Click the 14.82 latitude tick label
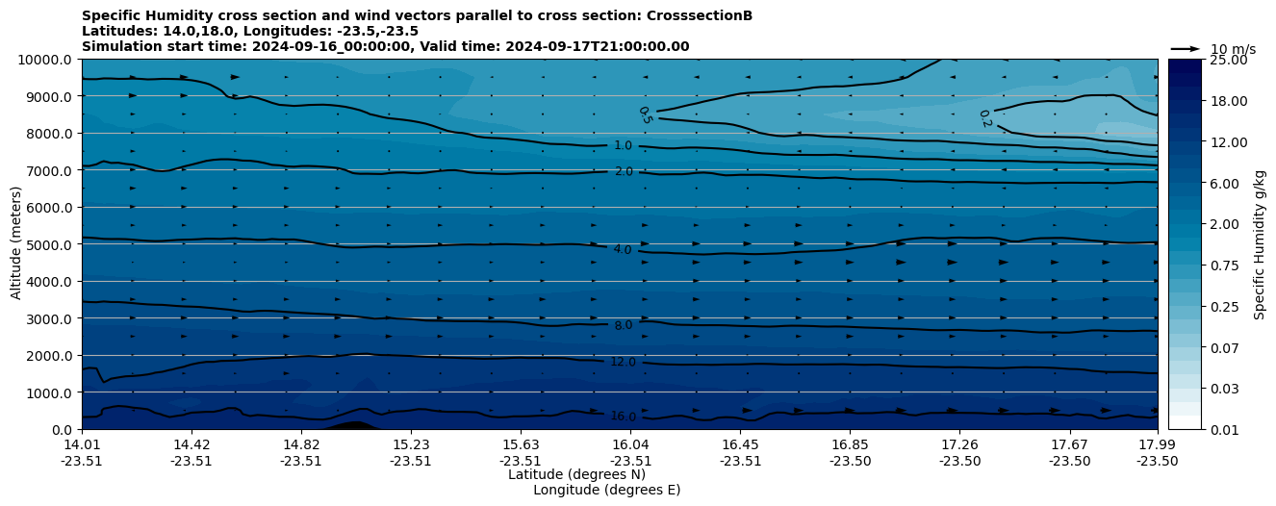[x=301, y=444]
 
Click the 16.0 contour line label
[x=624, y=417]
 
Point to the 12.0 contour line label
[x=624, y=362]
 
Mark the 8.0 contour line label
[x=624, y=325]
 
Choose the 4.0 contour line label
[x=624, y=250]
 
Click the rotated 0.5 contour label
[x=645, y=115]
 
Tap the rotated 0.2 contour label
[x=984, y=119]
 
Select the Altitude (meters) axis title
[x=16, y=243]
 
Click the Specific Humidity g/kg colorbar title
[x=1261, y=244]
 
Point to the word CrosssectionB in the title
[x=702, y=15]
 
